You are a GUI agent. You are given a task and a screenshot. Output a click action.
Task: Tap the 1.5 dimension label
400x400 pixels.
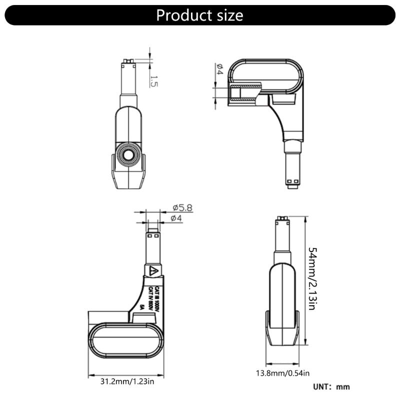tap(154, 81)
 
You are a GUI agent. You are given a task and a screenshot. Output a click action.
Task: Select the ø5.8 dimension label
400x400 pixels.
tap(182, 207)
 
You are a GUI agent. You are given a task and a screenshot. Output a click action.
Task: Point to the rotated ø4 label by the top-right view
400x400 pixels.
tap(218, 69)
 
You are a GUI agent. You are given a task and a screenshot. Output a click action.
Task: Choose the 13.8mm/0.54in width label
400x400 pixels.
tap(283, 373)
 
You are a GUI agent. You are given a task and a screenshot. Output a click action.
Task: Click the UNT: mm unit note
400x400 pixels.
tap(331, 386)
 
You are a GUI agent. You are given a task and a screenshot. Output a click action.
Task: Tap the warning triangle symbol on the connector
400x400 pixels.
tap(153, 271)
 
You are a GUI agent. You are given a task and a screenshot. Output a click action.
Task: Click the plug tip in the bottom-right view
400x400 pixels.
tap(282, 219)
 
